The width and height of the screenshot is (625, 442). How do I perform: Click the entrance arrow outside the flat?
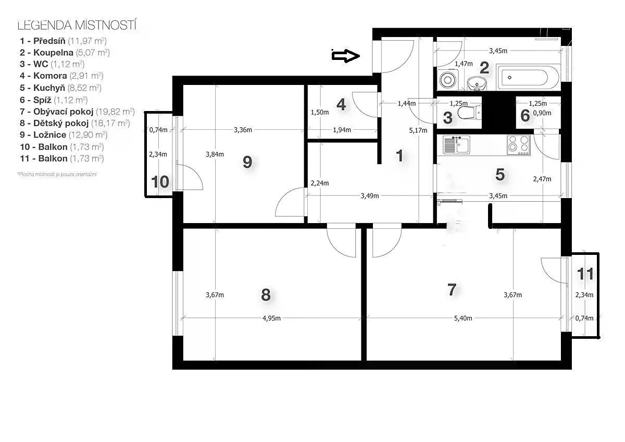345,56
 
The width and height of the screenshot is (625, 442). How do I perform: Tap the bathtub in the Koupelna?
528,77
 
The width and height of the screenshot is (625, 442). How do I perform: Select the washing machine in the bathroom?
448,80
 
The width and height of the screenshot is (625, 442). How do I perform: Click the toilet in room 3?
469,113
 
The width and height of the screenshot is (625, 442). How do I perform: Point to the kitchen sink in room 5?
456,144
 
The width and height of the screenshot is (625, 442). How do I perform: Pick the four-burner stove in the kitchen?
518,145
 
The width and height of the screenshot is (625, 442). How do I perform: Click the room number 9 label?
247,162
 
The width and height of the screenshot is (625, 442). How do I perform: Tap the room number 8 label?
266,295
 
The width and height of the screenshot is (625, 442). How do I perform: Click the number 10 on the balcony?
160,182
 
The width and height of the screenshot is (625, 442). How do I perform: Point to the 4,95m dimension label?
271,318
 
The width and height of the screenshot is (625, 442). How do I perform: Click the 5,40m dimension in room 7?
463,318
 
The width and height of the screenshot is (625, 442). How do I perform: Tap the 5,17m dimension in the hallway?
418,130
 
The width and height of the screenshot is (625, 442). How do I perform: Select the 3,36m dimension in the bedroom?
243,130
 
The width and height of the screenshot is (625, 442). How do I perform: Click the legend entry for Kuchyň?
60,88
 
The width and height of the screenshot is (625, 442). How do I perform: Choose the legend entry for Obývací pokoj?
77,112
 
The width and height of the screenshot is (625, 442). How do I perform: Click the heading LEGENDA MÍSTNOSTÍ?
77,25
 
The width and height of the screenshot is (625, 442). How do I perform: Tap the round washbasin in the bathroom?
477,83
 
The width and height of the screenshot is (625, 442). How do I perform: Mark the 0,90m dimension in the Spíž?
542,113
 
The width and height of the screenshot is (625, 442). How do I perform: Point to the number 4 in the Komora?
341,105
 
